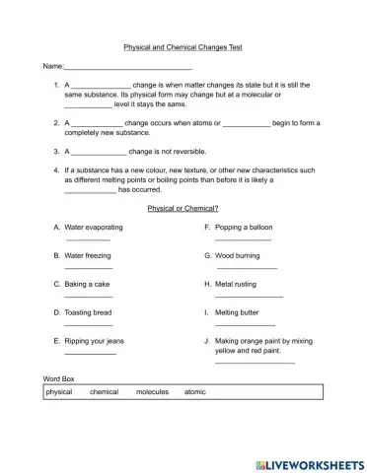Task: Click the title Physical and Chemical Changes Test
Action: click(x=183, y=47)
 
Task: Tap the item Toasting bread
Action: click(x=89, y=311)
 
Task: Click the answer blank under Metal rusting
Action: click(x=249, y=296)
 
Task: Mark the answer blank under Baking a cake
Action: click(x=89, y=296)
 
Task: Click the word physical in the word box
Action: click(x=59, y=392)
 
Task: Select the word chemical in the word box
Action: click(x=104, y=392)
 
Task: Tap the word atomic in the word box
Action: click(x=195, y=392)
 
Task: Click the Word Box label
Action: click(x=59, y=377)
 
